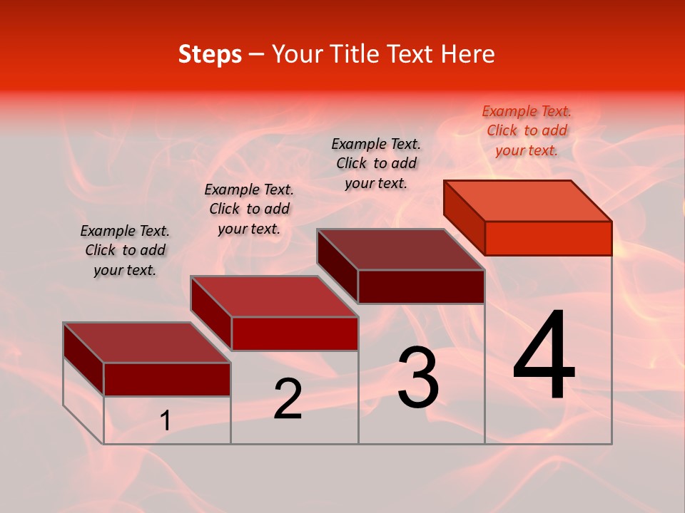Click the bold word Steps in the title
(x=210, y=54)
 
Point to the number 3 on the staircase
(x=418, y=378)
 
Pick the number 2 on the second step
(x=288, y=399)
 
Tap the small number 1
(x=166, y=421)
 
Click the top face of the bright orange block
(x=528, y=201)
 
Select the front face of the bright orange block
(x=548, y=238)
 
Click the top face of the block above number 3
(x=401, y=249)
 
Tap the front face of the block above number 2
(x=295, y=333)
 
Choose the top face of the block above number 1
(x=147, y=343)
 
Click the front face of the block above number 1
(x=167, y=379)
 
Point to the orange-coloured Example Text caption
(x=527, y=131)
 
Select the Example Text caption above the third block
(x=376, y=163)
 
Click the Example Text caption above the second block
(x=249, y=209)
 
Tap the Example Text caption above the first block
(x=125, y=250)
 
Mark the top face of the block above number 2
(x=274, y=296)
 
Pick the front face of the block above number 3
(x=421, y=286)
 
